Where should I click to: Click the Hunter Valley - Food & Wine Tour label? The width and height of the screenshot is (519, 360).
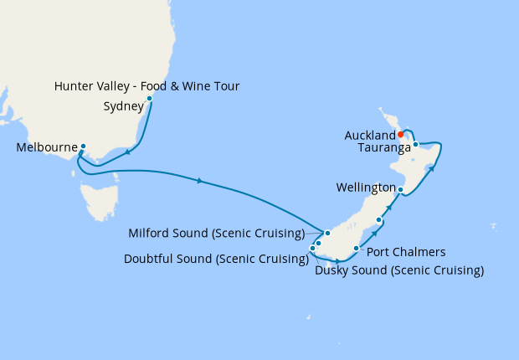[146, 86]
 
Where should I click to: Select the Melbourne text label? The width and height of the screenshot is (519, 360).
[46, 148]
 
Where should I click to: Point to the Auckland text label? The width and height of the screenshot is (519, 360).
[369, 135]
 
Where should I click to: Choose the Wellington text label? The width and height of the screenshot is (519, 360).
[365, 186]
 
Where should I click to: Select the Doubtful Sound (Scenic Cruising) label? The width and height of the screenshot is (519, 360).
[214, 259]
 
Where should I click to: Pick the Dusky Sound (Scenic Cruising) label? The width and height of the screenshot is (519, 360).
[399, 270]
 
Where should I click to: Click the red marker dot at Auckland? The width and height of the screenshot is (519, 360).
[401, 134]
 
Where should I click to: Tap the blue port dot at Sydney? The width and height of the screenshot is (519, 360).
[150, 99]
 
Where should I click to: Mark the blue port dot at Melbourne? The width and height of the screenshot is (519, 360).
[83, 147]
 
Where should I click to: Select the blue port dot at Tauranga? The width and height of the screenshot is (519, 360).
[415, 145]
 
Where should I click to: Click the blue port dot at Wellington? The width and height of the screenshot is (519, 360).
[401, 190]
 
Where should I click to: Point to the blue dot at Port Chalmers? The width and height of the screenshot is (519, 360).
[357, 249]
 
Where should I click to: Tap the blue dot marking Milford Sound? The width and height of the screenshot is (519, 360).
[327, 233]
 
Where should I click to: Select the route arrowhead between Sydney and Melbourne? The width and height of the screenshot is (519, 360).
[127, 152]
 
